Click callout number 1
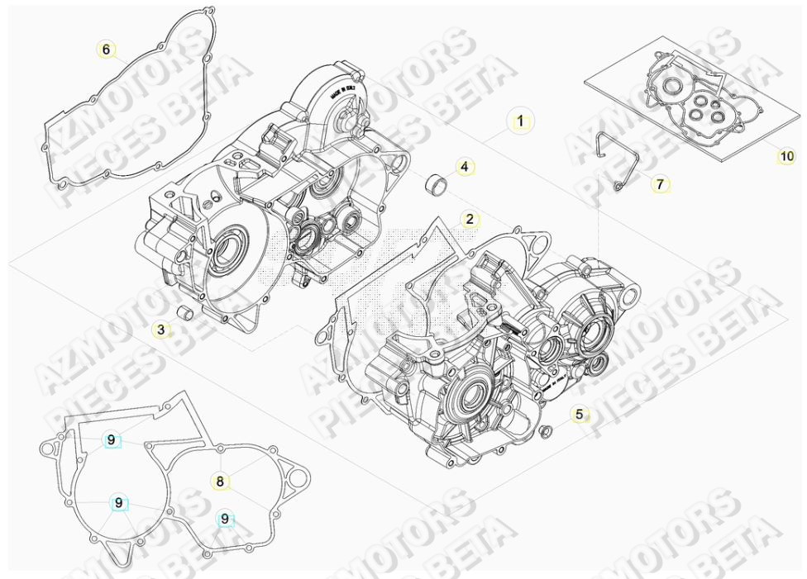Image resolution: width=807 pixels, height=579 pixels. tap(520, 121)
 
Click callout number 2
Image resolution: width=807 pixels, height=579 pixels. tap(470, 219)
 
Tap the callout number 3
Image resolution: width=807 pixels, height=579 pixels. tap(162, 330)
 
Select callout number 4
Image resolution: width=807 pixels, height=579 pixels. tap(465, 168)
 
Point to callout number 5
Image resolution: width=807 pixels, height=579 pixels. tap(580, 414)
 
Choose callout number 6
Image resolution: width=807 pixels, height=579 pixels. tap(106, 50)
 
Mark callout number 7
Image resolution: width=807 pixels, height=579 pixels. tap(659, 184)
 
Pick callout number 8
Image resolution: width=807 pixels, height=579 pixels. tap(220, 481)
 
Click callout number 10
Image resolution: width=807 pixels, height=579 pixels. tap(786, 155)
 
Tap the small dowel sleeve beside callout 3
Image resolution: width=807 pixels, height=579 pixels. tap(185, 315)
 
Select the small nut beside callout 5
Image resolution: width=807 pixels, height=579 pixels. tap(545, 431)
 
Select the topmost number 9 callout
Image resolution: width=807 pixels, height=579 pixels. tap(112, 440)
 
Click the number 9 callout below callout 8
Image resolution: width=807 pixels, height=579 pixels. tap(225, 519)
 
